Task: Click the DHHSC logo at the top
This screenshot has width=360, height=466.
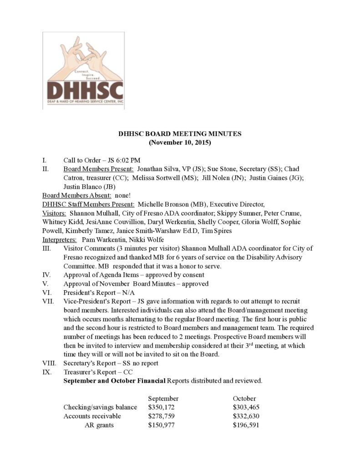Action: coord(83,70)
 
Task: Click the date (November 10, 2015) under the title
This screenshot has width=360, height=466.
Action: coord(180,142)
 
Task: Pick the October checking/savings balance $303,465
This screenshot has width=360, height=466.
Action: coord(246,407)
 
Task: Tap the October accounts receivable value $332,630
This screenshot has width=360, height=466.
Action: coord(246,416)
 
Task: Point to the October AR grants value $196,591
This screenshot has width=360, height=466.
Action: coord(246,425)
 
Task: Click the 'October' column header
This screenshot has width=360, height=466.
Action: coord(244,398)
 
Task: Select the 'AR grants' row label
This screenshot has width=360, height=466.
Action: coord(99,425)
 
